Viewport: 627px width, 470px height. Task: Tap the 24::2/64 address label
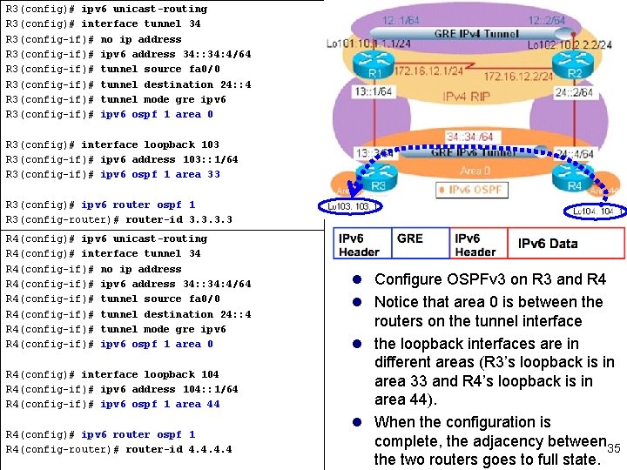click(574, 91)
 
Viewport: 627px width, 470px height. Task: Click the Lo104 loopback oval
click(595, 211)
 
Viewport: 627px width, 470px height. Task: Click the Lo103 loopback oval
click(348, 206)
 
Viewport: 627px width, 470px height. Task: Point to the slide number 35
click(613, 447)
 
